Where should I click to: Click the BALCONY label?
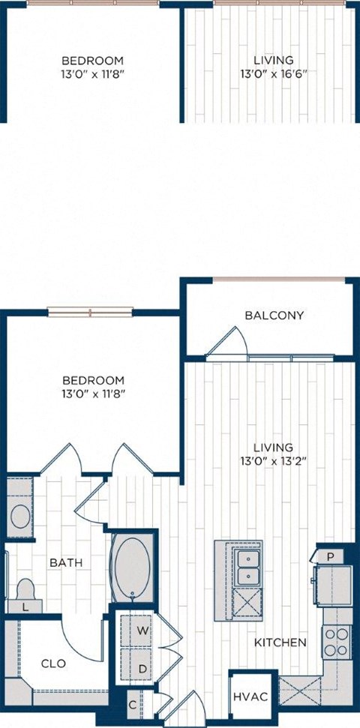(274, 315)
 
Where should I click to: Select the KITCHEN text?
(280, 643)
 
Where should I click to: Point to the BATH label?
(66, 562)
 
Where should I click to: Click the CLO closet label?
(52, 664)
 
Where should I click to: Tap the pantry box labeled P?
(330, 556)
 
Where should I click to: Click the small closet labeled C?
(132, 706)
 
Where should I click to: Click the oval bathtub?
(132, 568)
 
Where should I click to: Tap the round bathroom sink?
(20, 516)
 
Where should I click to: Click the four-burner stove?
(337, 640)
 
